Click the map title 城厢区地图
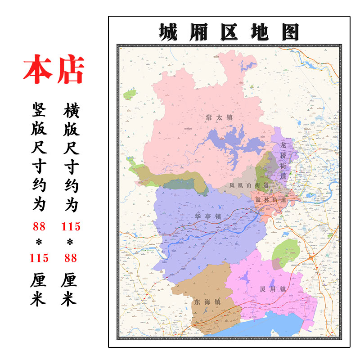[x=229, y=32]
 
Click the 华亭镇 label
[x=208, y=217]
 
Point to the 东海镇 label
[x=207, y=302]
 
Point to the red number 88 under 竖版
[x=39, y=226]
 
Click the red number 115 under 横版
[x=71, y=226]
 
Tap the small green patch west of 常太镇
[x=130, y=94]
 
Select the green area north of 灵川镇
[x=286, y=251]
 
